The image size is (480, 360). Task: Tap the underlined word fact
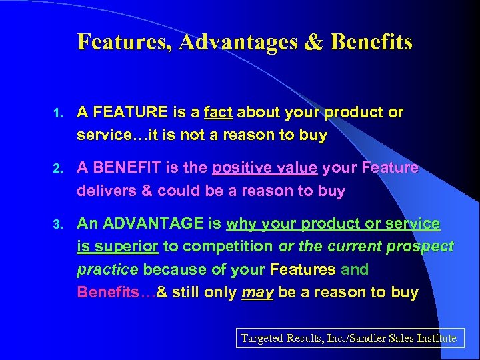[x=219, y=113]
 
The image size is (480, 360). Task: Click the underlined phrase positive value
[x=265, y=169]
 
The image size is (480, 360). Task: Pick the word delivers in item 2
[x=106, y=191]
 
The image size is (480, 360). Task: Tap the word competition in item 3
[x=227, y=247]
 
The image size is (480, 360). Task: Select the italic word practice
[x=107, y=269]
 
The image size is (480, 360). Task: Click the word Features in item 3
[x=303, y=269]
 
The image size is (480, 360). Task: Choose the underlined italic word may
[x=257, y=292]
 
